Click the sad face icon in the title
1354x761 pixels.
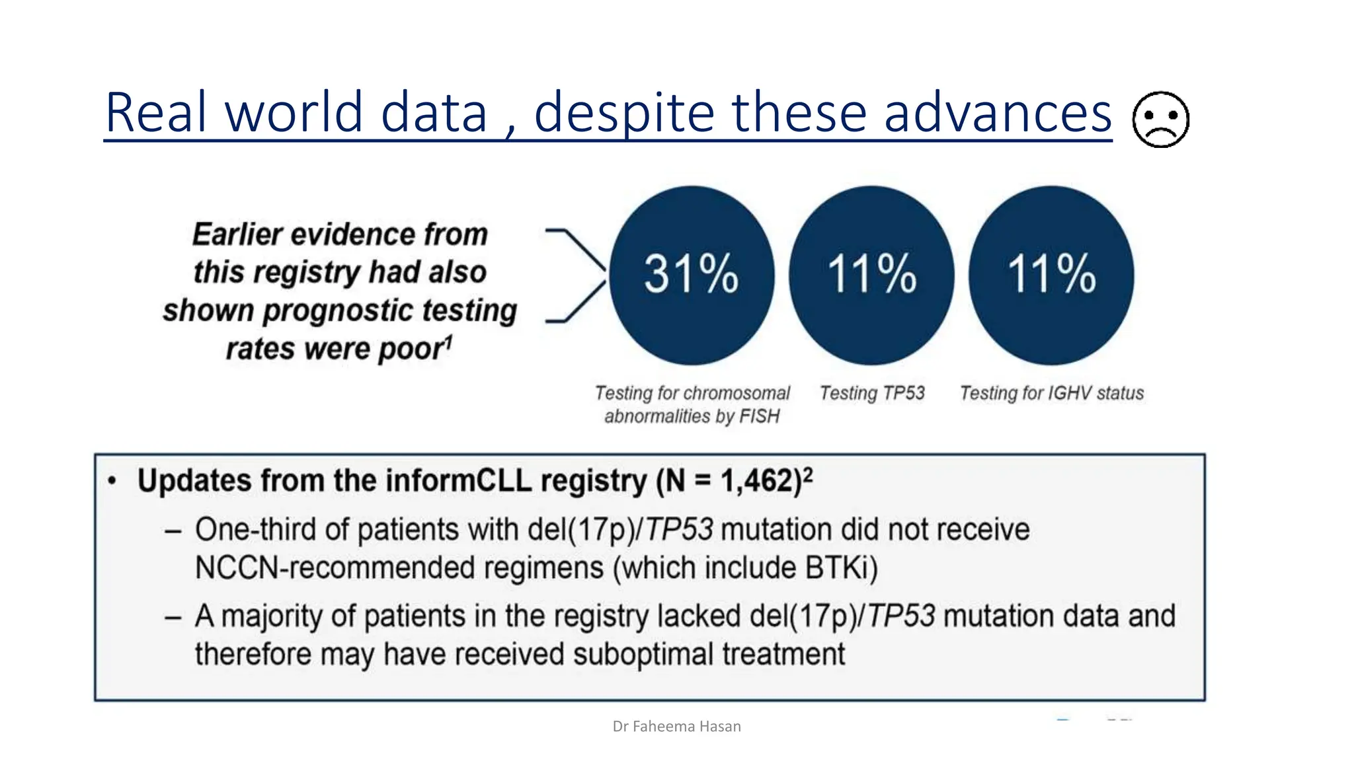tap(1160, 120)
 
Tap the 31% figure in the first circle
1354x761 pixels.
tap(691, 273)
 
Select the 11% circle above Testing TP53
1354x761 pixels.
tap(871, 275)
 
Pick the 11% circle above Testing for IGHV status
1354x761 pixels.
tap(1051, 275)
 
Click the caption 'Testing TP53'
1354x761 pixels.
tap(872, 393)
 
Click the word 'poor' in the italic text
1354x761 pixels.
tap(411, 349)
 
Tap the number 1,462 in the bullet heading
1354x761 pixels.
tap(757, 481)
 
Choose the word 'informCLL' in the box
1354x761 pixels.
tap(459, 481)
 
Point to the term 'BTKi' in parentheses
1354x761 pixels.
tap(837, 567)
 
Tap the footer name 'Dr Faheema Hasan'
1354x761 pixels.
tap(676, 727)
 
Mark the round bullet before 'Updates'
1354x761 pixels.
tap(112, 481)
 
